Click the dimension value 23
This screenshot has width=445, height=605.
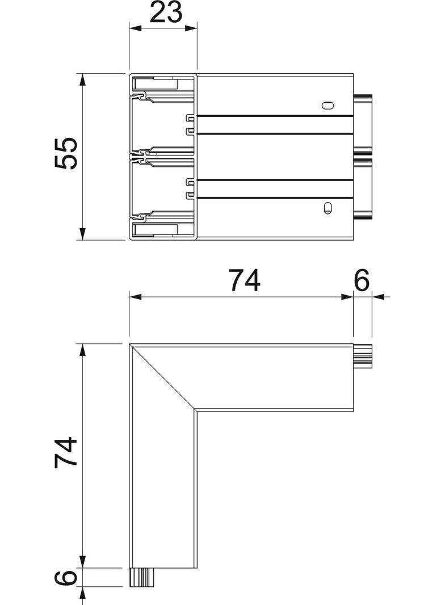[166, 12]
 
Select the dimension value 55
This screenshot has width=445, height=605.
[66, 153]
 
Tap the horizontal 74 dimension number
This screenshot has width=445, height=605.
[244, 280]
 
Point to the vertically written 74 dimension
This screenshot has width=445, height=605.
[66, 452]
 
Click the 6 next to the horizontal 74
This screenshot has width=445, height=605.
[362, 280]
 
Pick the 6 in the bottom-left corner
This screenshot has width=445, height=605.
[66, 578]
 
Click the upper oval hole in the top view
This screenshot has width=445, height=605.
[328, 105]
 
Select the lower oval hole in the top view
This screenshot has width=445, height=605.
[327, 208]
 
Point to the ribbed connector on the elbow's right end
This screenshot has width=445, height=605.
[363, 356]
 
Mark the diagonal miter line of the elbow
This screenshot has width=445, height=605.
[163, 376]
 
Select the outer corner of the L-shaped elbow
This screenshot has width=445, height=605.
[131, 344]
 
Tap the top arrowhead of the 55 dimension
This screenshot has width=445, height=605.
[83, 79]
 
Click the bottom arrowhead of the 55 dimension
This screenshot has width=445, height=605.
[83, 233]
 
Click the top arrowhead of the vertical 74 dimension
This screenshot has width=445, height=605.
[83, 350]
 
